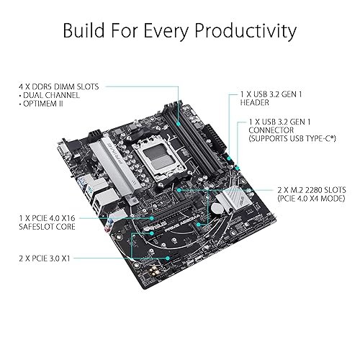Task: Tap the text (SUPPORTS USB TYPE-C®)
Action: (292, 138)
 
